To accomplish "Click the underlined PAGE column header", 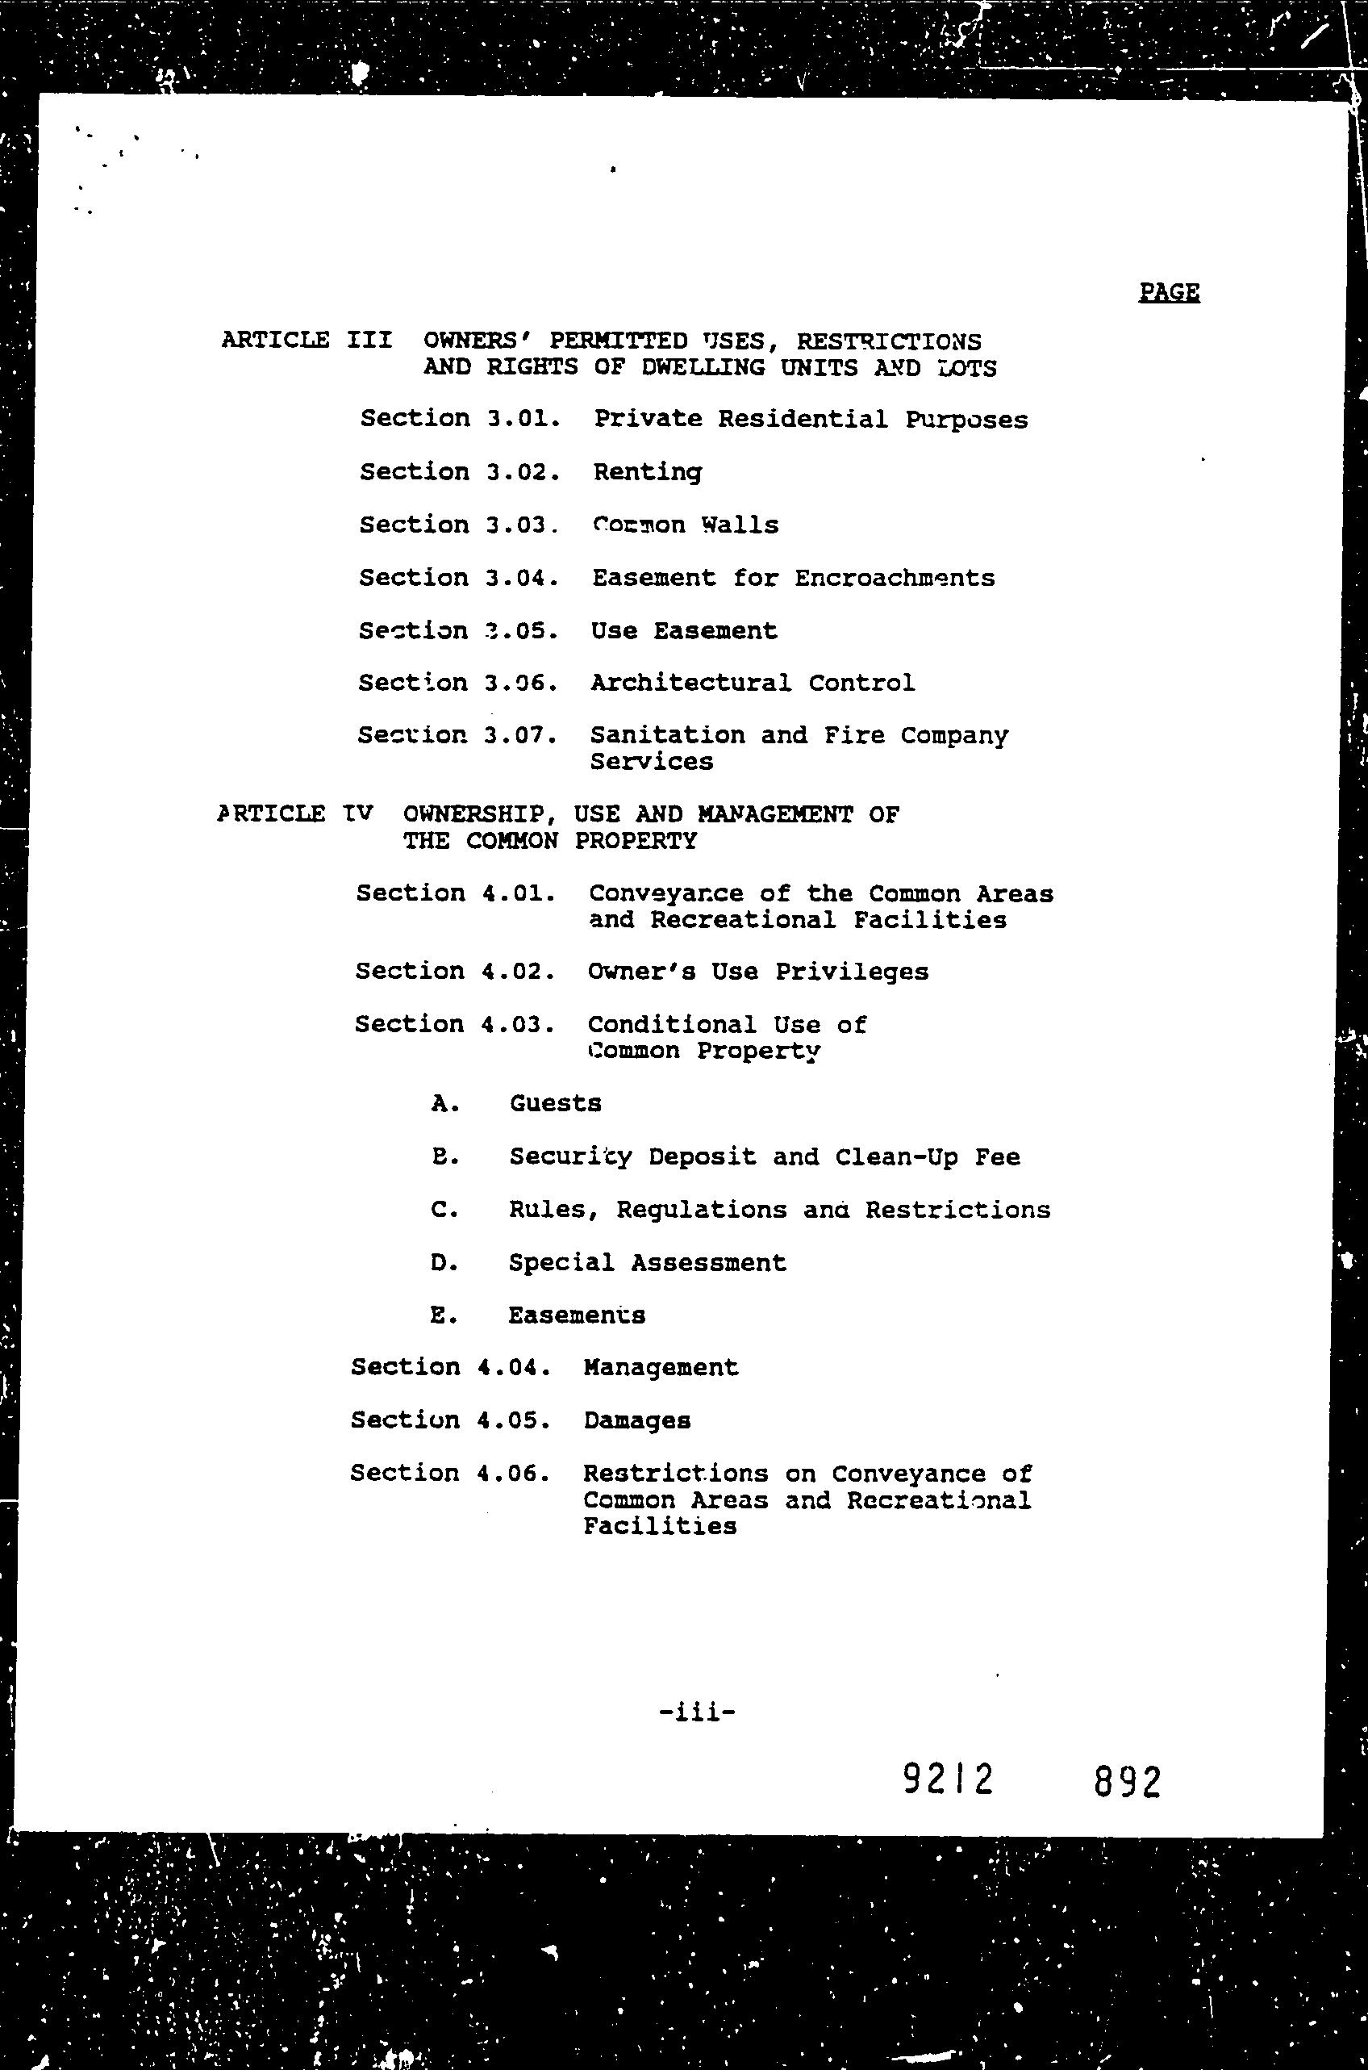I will [x=1168, y=291].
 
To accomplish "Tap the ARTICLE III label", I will [x=307, y=340].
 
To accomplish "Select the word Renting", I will [x=648, y=472].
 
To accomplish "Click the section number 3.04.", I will [x=522, y=578].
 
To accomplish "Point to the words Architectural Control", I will [x=752, y=683].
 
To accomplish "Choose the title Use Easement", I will [x=683, y=631].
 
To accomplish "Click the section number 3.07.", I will [x=520, y=736].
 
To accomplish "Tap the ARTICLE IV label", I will [x=295, y=814].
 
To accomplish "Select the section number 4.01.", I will [x=517, y=893].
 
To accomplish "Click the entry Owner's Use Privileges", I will [x=757, y=972].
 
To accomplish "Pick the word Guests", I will [x=556, y=1104].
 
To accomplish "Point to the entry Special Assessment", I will [x=648, y=1263].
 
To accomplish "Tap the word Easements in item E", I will [x=577, y=1315].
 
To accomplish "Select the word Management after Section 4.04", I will [x=661, y=1368].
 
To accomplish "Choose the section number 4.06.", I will [x=513, y=1473].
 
